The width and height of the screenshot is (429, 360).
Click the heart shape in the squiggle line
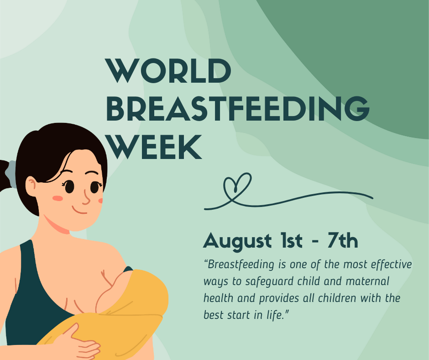coord(237,185)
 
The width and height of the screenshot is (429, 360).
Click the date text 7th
coord(342,241)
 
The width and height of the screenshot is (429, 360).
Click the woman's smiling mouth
coord(81,211)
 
